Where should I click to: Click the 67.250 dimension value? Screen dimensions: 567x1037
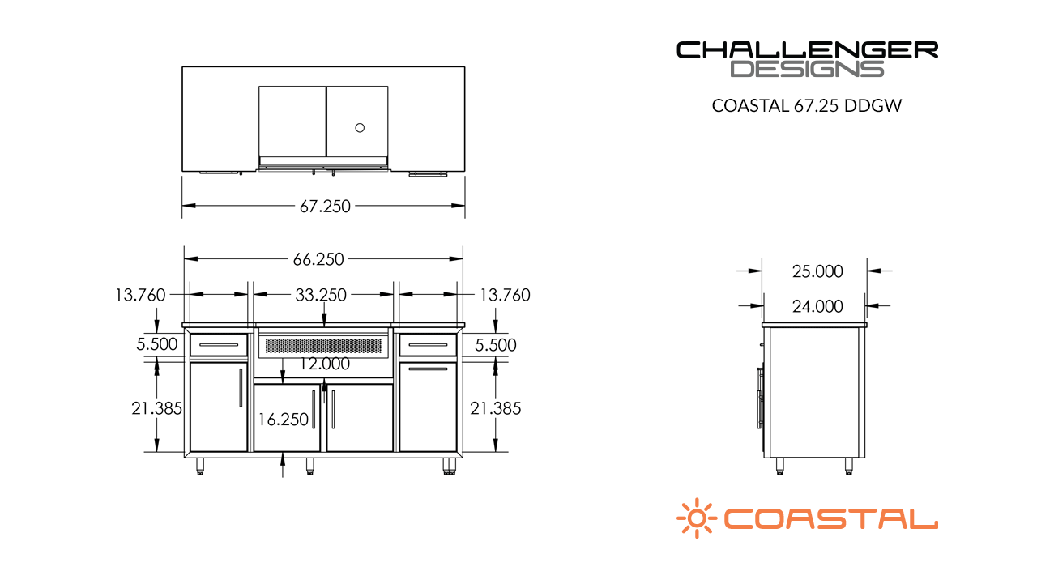325,207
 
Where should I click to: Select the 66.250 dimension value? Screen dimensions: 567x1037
318,259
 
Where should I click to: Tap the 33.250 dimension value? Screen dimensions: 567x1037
321,295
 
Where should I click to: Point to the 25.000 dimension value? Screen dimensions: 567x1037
817,271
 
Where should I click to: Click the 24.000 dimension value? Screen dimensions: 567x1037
817,306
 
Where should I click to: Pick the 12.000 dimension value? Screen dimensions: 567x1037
324,364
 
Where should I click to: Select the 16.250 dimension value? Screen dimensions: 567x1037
283,420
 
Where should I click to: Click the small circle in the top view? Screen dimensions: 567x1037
361,127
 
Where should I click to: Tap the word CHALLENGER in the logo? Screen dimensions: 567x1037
807,50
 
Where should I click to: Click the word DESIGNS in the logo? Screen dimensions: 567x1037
807,69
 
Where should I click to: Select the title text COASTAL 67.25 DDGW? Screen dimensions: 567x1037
808,105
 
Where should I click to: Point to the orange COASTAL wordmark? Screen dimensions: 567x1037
830,518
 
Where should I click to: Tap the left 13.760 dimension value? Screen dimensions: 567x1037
140,295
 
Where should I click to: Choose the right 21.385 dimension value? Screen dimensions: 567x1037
496,408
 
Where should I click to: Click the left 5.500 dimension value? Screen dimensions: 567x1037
156,344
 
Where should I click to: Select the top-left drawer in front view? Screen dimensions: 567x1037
219,345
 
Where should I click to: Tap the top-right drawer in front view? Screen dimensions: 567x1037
428,345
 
